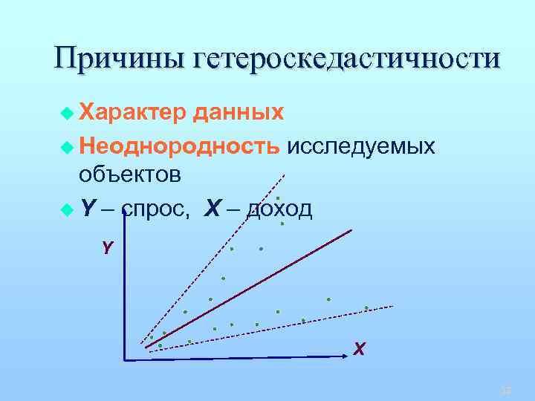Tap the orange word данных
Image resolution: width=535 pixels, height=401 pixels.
(x=238, y=113)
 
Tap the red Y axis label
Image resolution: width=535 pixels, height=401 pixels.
(x=108, y=248)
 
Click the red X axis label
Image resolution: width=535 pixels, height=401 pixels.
(x=359, y=348)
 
